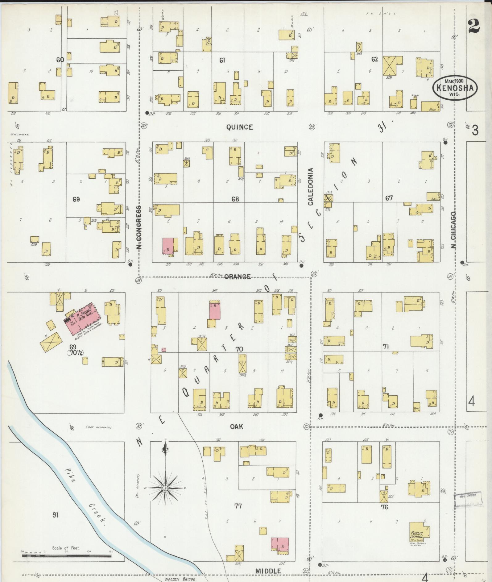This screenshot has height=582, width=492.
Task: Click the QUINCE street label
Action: [239, 127]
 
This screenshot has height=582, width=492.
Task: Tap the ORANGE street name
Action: [237, 276]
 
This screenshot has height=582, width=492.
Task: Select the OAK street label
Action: [236, 426]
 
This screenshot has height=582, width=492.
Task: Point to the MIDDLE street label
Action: [268, 571]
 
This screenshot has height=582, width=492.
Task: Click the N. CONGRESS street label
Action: [139, 227]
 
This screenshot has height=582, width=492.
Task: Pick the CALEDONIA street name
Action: [310, 186]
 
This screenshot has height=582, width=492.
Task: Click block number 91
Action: [56, 515]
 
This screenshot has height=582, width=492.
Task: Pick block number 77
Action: [238, 506]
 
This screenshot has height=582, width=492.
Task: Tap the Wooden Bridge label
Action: [181, 579]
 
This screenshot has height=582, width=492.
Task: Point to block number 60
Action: [60, 60]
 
